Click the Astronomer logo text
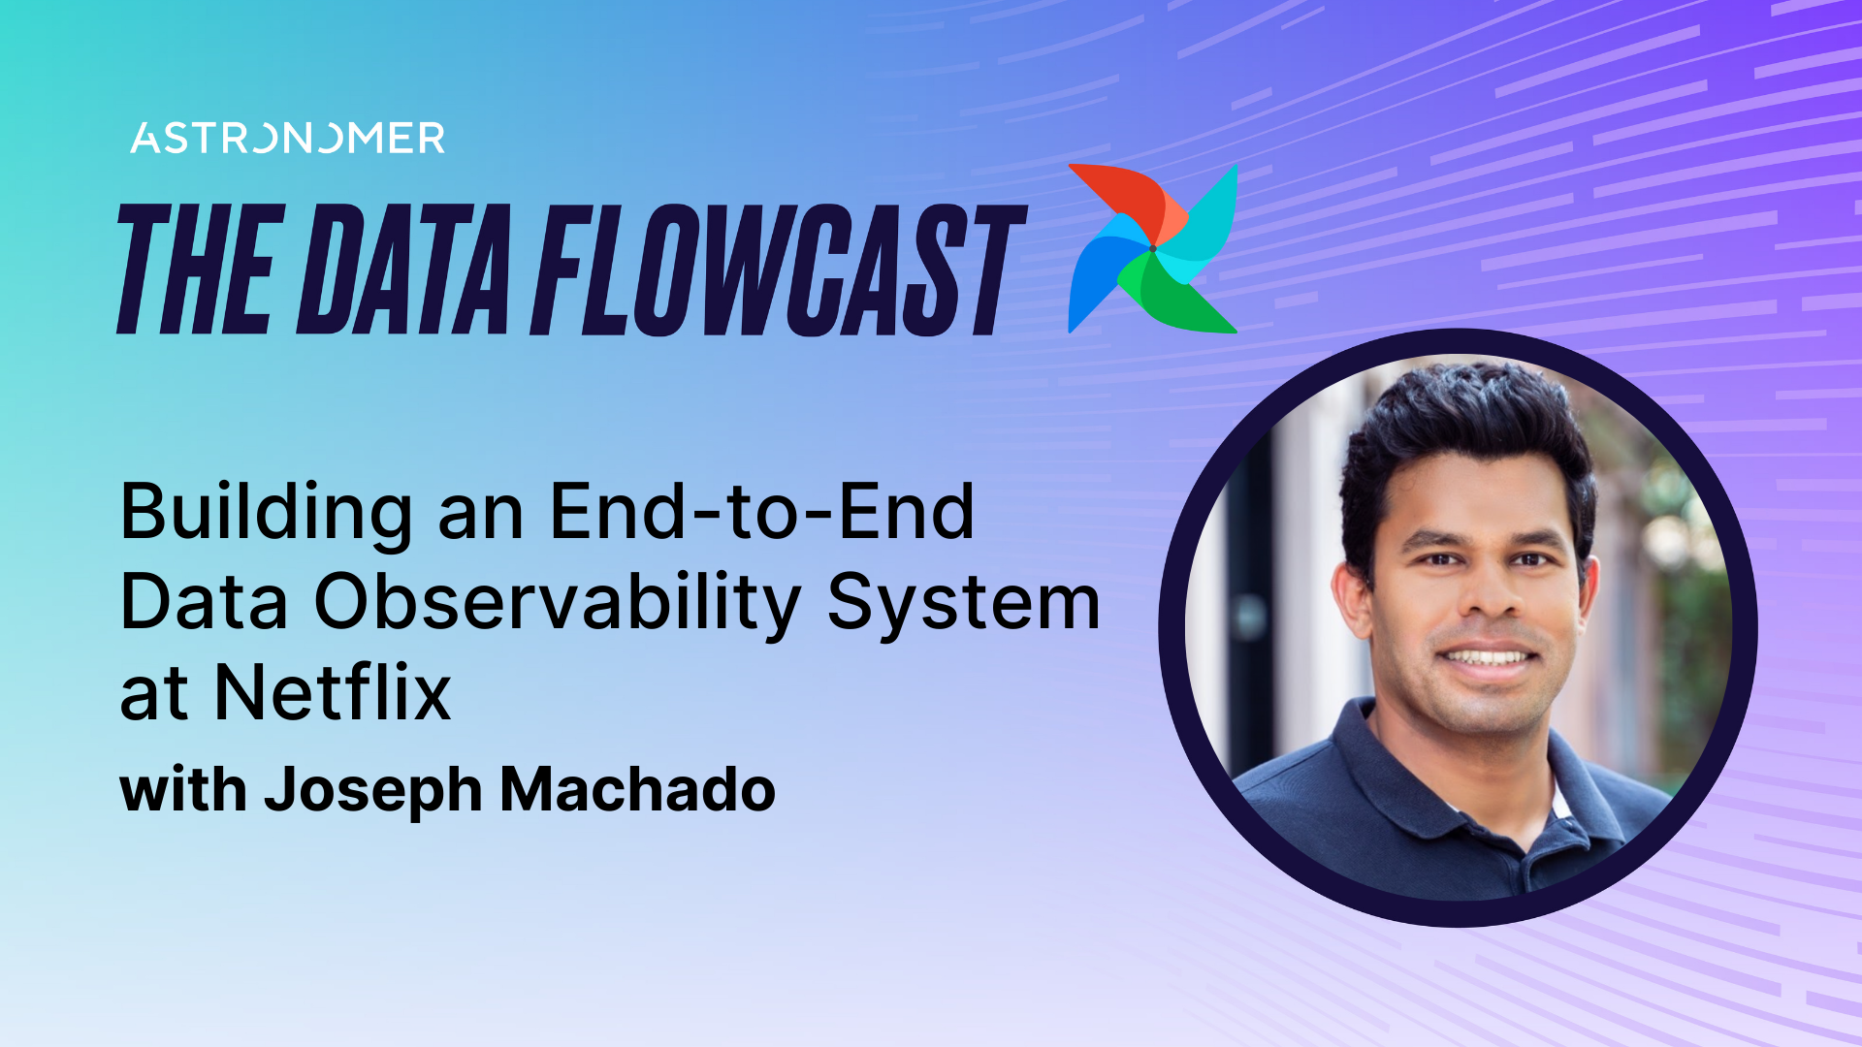coord(287,139)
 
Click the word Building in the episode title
coord(266,514)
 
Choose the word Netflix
coord(333,693)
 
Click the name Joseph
coord(373,791)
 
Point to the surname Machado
coord(637,789)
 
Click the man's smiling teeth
coord(1485,658)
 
